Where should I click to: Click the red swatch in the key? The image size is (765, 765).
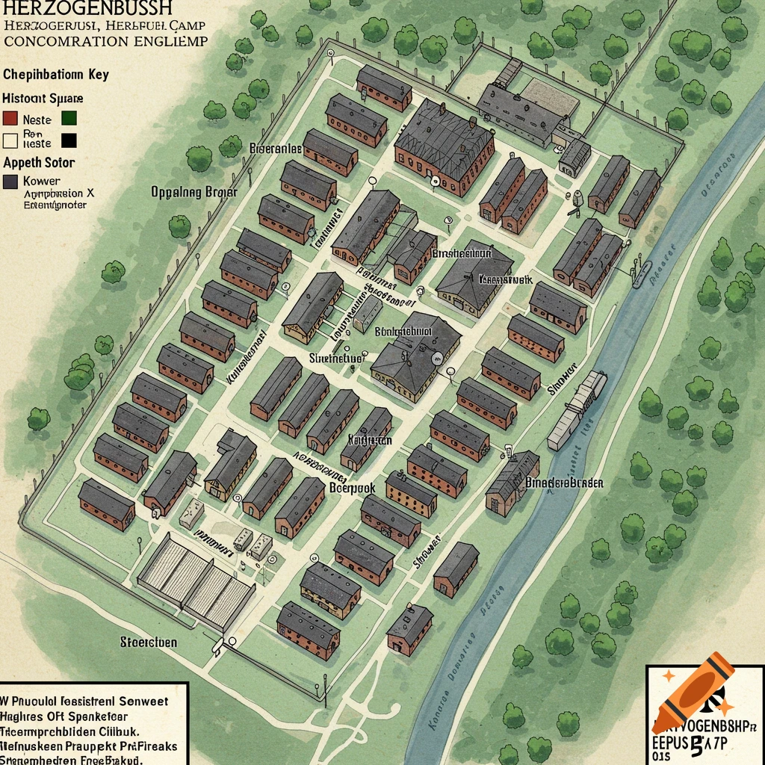coord(10,118)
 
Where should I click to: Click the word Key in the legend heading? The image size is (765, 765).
coord(97,74)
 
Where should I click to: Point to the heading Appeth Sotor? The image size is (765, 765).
coord(39,162)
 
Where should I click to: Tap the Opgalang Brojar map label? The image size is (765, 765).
coord(193,192)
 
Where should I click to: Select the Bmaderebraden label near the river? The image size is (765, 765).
coord(564,483)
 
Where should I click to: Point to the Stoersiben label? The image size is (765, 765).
coord(149,642)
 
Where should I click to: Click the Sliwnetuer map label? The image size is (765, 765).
coord(336,358)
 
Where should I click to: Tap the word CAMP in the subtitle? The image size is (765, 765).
coord(187,24)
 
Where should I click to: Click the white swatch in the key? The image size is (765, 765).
coord(10,139)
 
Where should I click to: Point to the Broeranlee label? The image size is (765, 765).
coord(275,149)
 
